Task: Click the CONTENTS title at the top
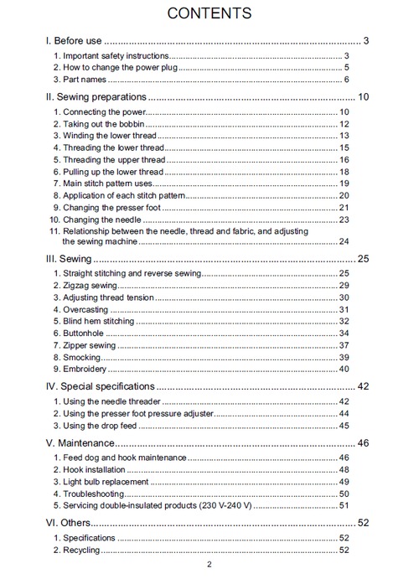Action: coord(209,13)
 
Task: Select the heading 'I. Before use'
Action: coord(74,40)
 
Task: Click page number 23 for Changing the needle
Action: coord(344,220)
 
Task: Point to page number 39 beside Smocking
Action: coord(344,357)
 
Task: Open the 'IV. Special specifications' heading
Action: coord(100,386)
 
